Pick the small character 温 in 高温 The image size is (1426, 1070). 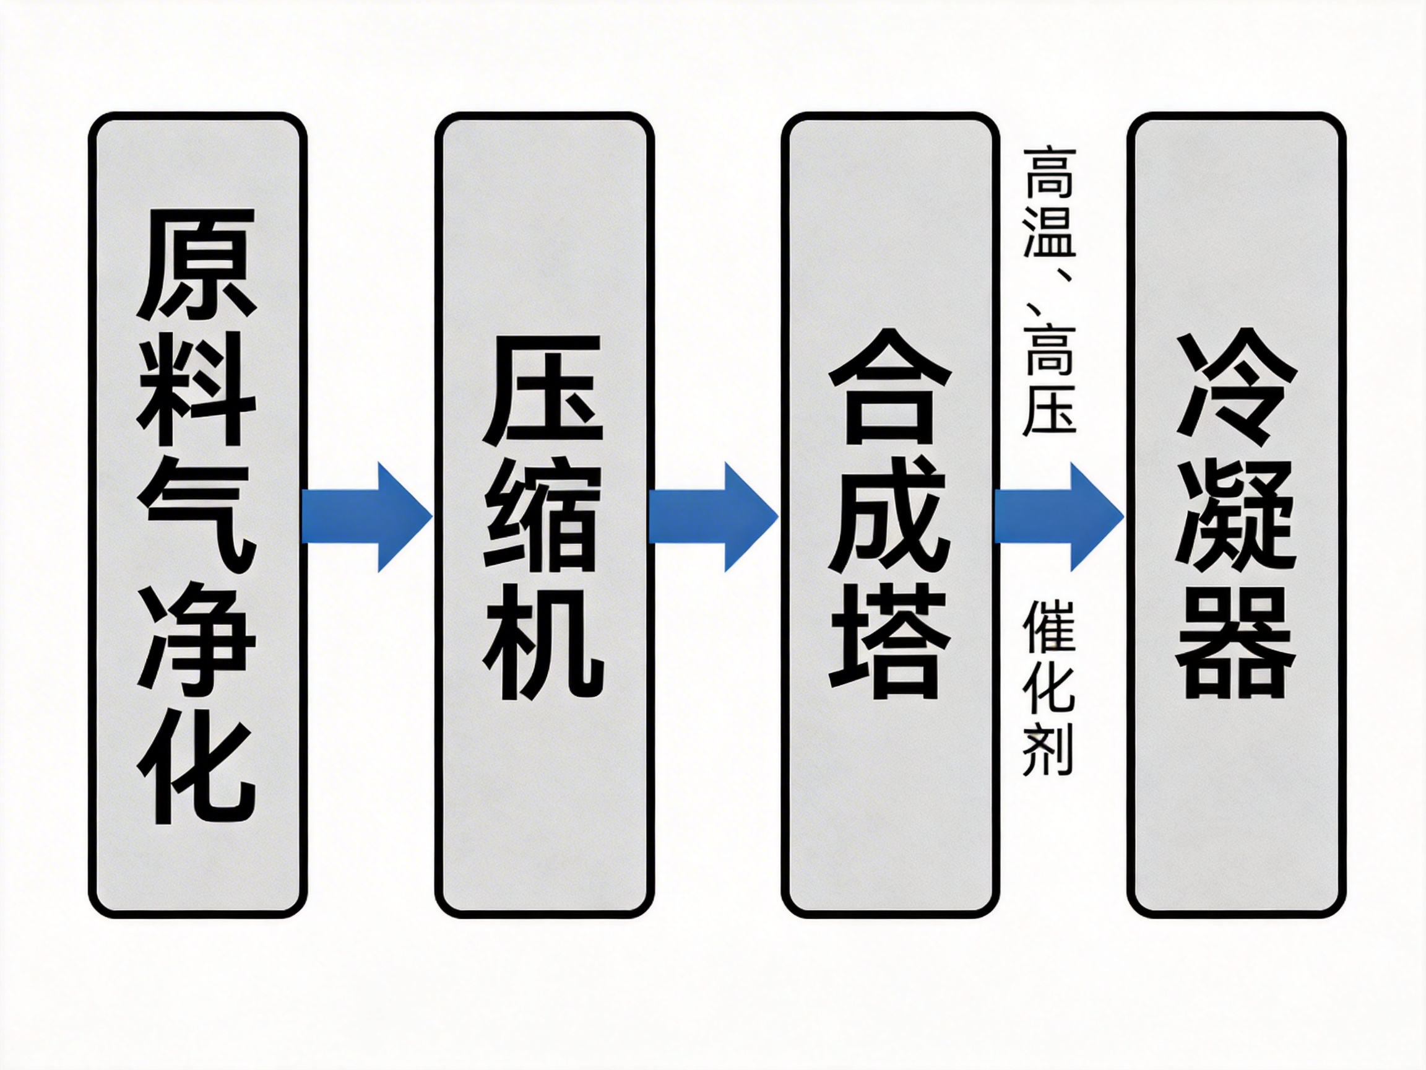click(1049, 235)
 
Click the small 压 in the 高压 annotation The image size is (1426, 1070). click(1049, 409)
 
